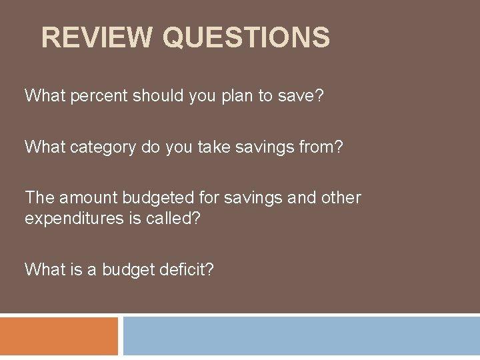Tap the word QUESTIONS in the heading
[246, 37]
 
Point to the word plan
[236, 96]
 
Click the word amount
[87, 198]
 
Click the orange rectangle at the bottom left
[59, 336]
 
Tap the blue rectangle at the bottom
[301, 336]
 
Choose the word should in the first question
[160, 96]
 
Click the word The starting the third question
[39, 198]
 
